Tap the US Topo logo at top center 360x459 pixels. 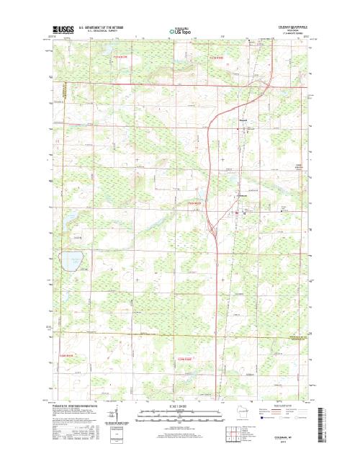point(180,32)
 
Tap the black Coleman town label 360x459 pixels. point(243,195)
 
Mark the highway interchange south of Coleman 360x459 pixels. point(213,231)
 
